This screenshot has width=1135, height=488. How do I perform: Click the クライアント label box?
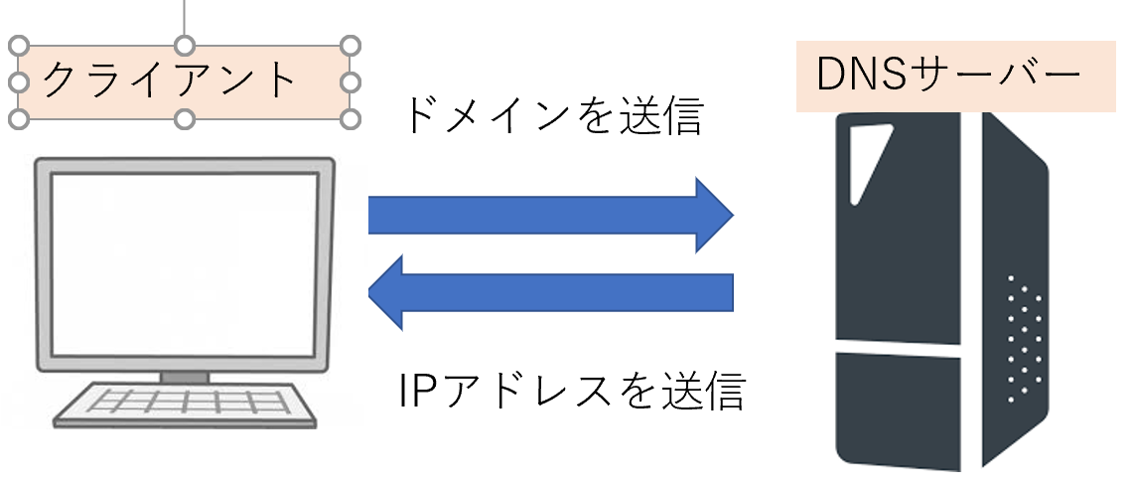[x=184, y=82]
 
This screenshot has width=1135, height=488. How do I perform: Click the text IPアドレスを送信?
[x=570, y=391]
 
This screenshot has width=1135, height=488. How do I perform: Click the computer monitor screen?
[x=185, y=263]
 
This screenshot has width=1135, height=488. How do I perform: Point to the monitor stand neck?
[x=185, y=377]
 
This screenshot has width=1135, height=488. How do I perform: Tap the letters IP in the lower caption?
[x=413, y=391]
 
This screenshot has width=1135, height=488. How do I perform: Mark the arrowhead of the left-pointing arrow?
[x=387, y=291]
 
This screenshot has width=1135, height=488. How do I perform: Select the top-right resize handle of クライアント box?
[x=349, y=46]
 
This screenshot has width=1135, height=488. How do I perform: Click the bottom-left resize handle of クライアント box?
[x=18, y=119]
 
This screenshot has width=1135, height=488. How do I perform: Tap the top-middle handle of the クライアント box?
[x=184, y=46]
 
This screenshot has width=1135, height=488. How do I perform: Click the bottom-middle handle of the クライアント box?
[x=184, y=119]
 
